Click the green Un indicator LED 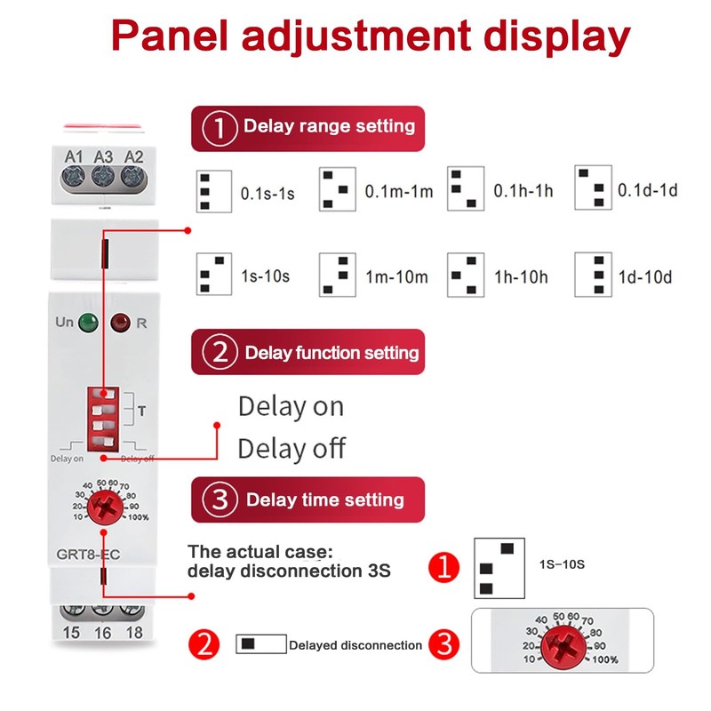pos(87,323)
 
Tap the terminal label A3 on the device pos(103,156)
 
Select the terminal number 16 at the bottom pos(103,632)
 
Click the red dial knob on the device pos(103,509)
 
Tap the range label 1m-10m pos(396,276)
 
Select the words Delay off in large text pos(292,447)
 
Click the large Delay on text pos(291,407)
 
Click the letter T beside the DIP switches pos(140,411)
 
